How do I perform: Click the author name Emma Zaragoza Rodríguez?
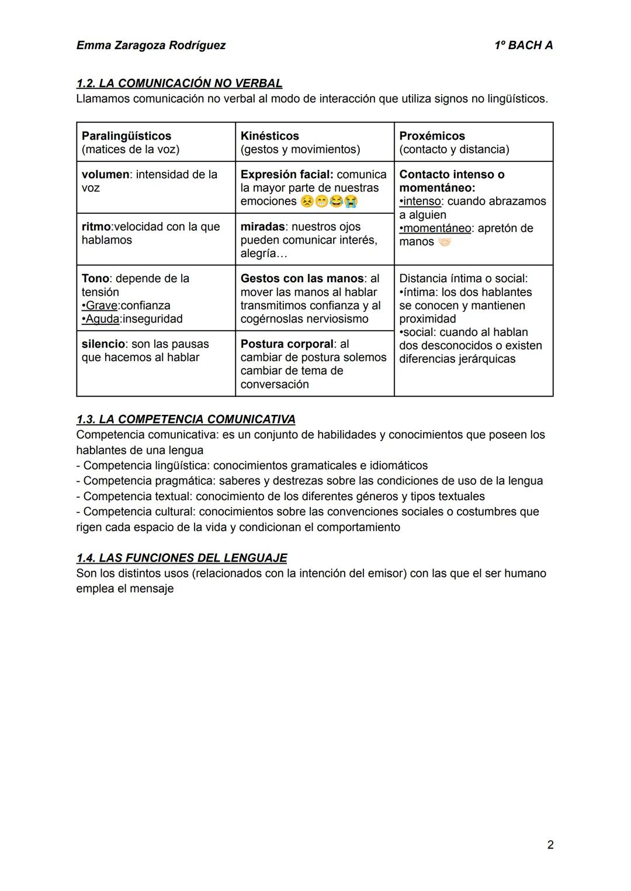tap(151, 45)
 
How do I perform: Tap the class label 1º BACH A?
tap(523, 45)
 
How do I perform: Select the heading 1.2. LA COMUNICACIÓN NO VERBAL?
tap(179, 84)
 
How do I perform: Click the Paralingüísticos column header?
tap(126, 136)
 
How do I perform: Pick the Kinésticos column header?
tap(269, 136)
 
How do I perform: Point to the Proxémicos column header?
tap(432, 136)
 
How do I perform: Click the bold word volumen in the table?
tap(105, 174)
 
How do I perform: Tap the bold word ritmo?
tap(96, 227)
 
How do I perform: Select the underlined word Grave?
tap(102, 306)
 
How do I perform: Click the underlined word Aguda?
tap(102, 319)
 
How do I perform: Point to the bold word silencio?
tap(103, 344)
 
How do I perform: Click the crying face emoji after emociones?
tap(351, 202)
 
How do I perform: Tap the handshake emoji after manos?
tap(445, 242)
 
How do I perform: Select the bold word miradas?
tap(262, 227)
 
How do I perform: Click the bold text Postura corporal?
tap(287, 344)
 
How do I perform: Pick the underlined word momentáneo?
tap(437, 228)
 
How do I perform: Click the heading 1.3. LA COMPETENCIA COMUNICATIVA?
tap(186, 419)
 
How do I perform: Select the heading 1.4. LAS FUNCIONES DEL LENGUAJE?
tap(182, 557)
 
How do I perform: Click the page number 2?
tap(550, 844)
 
